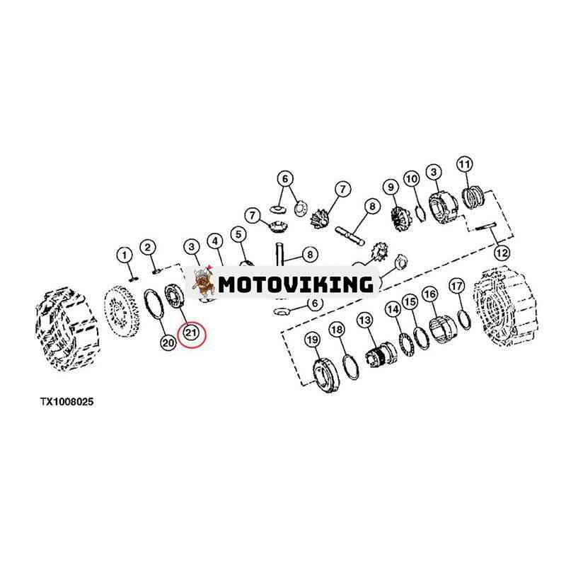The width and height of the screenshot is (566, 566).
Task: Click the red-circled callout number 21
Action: click(x=190, y=332)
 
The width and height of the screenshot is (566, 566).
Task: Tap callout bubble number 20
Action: click(x=168, y=342)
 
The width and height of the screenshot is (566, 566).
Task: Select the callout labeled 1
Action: click(x=125, y=255)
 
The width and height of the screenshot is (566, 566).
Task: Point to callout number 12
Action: click(x=502, y=253)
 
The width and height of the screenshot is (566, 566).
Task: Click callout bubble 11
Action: click(x=465, y=164)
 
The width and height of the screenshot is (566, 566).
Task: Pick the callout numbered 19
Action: click(x=313, y=340)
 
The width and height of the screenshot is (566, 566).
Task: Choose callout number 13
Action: click(x=365, y=320)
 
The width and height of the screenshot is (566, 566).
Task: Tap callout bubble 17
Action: click(x=456, y=287)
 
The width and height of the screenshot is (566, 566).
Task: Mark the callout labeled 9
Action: click(x=391, y=187)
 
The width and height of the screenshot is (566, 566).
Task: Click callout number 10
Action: click(x=412, y=179)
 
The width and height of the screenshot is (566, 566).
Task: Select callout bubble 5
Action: click(x=238, y=234)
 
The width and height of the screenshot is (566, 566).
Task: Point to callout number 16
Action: click(x=429, y=294)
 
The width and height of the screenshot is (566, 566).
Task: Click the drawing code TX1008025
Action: click(x=67, y=401)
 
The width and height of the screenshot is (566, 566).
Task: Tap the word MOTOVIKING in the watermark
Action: click(x=296, y=284)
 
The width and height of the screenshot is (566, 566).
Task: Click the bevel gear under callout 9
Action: click(x=400, y=216)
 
